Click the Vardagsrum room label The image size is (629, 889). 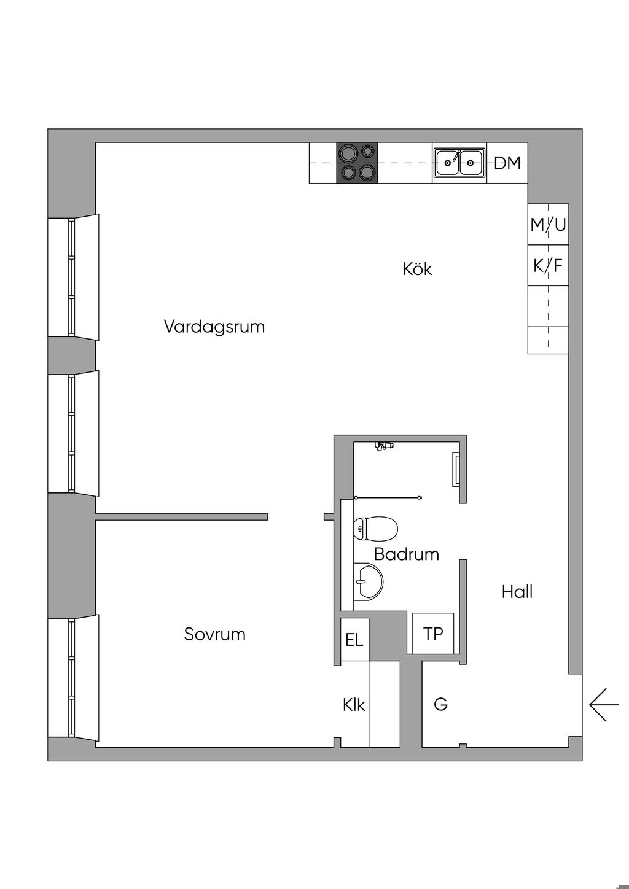coord(214,327)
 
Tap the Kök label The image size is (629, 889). coord(417,269)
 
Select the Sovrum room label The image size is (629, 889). coord(214,634)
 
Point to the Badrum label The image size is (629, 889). coord(406,554)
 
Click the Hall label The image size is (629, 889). coord(517,592)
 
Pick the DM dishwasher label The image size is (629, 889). coord(507,163)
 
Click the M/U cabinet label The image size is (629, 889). coord(548,225)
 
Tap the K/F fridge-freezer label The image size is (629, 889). coord(548,266)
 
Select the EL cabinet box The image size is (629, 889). coord(354,640)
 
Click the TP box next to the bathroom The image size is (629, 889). coord(433,634)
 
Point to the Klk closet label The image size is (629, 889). coord(354,705)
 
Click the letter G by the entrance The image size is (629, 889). coord(440,704)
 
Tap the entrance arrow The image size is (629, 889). coord(603,704)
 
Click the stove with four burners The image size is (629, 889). coord(357,163)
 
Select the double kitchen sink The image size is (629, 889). coord(459,163)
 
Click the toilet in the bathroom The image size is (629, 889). coord(376,528)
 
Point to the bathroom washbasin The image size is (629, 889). coord(368,580)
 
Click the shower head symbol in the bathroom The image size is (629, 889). coord(384,446)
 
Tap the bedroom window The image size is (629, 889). coord(72,678)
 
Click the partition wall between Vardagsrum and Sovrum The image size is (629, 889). coord(181,516)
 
